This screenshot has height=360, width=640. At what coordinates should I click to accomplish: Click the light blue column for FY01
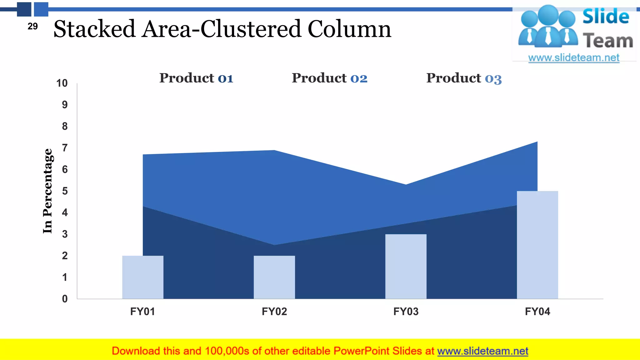click(x=143, y=277)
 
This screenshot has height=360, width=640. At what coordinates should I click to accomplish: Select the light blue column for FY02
click(x=274, y=277)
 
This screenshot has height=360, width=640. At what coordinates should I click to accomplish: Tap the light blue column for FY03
click(x=406, y=266)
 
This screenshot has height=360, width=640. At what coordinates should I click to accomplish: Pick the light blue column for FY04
click(x=537, y=245)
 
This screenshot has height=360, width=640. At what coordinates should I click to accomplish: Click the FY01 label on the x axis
click(x=142, y=312)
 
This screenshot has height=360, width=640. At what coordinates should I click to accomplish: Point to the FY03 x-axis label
click(x=406, y=312)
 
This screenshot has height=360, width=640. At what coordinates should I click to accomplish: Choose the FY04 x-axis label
click(x=537, y=312)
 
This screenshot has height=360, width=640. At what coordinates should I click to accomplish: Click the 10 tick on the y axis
click(x=62, y=83)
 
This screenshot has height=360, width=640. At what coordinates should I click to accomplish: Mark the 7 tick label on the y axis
click(x=65, y=148)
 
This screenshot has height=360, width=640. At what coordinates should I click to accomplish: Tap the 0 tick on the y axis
click(x=65, y=299)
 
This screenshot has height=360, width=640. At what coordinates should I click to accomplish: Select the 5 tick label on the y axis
click(x=65, y=191)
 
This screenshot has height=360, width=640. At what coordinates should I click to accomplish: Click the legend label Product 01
click(x=196, y=78)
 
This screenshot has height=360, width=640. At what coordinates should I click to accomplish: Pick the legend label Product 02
click(x=329, y=78)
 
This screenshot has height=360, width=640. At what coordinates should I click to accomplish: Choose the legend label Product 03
click(x=464, y=78)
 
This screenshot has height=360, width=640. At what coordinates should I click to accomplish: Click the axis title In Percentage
click(x=47, y=191)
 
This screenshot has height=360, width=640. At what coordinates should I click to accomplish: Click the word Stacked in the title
click(x=94, y=29)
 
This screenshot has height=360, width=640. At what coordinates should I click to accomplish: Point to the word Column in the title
click(x=349, y=29)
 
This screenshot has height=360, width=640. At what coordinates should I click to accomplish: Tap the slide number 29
click(x=32, y=26)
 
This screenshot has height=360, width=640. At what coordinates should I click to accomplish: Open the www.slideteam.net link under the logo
click(x=574, y=58)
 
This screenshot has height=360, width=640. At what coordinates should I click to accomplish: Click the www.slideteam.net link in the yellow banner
click(x=482, y=351)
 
